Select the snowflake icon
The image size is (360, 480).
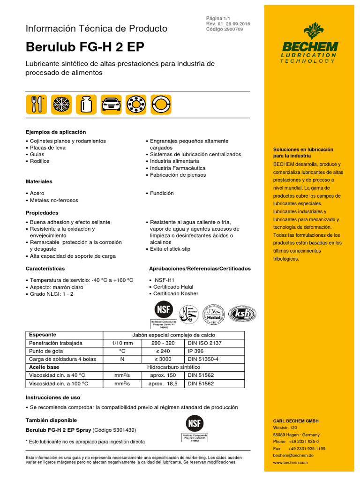pos(60,104)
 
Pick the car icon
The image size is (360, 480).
pos(110,104)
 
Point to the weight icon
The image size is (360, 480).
pos(85,104)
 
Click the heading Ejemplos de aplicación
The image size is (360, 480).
pos(56,132)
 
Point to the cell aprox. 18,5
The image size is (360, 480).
pos(162,383)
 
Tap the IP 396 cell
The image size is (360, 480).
pos(196,351)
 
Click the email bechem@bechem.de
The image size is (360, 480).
pos(293,455)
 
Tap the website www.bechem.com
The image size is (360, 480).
pos(290,462)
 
